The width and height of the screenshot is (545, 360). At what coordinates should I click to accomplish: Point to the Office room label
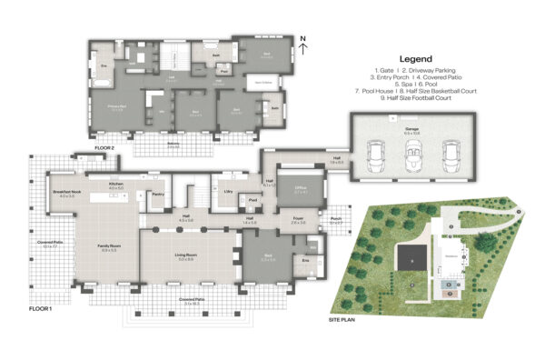[x=301, y=190]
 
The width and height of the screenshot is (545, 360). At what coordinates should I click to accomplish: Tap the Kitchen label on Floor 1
[x=116, y=185]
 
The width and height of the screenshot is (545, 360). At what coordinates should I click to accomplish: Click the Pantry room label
[x=156, y=194]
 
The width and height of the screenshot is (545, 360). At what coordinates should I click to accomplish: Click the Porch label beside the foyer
[x=336, y=219]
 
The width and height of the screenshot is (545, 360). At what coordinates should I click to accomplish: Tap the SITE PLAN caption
[x=342, y=320]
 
